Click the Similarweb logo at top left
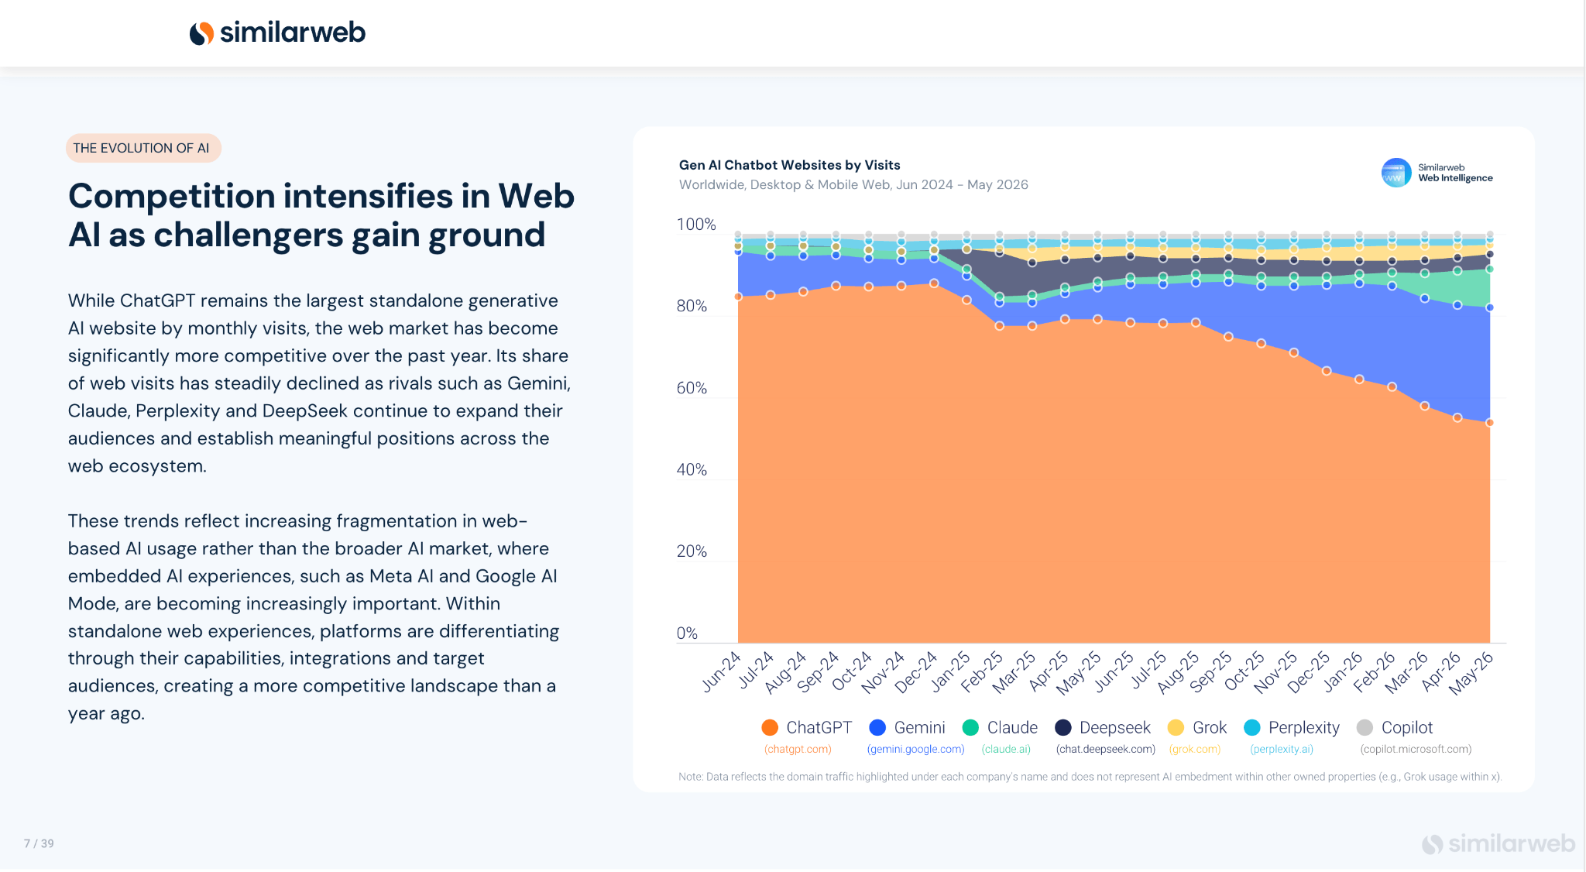pos(277,33)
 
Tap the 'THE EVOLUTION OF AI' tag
pos(143,148)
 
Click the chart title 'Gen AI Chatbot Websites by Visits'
pos(789,165)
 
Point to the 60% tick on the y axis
pos(692,388)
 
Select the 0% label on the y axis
pos(687,633)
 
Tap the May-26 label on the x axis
pos(1472,672)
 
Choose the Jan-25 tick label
pos(951,671)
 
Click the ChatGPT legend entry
pos(806,728)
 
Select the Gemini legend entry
pos(907,728)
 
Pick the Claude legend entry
pos(1000,728)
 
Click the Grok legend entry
pos(1197,728)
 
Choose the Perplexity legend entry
pos(1291,728)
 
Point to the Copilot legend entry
pos(1395,728)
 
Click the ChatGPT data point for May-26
pos(1489,423)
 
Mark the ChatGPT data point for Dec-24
pos(934,283)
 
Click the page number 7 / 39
pos(39,843)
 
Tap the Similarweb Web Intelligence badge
pos(1437,173)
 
